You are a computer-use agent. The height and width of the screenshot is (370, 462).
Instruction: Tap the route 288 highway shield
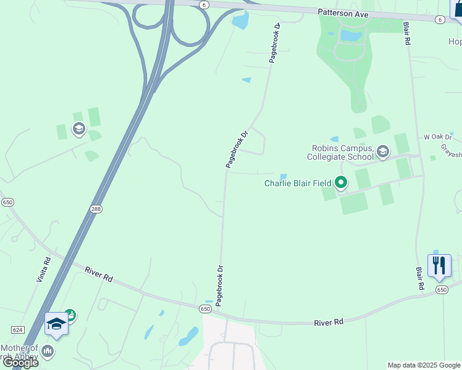point(96,208)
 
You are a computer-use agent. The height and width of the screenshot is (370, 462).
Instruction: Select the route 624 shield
point(17,330)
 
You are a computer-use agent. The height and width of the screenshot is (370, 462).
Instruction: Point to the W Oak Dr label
point(438,136)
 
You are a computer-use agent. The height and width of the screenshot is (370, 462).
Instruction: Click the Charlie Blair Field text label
point(298,183)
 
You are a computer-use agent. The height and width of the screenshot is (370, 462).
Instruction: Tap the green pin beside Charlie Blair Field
point(341,183)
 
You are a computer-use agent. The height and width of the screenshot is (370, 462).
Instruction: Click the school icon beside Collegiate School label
point(383,151)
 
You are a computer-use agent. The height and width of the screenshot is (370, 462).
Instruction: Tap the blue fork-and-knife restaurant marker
point(439,266)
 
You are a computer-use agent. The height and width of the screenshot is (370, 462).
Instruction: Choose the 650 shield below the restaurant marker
point(441,289)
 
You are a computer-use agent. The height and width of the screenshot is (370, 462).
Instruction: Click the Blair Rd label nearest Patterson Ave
point(407,33)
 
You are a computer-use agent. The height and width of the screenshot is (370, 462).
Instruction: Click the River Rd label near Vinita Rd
point(99,274)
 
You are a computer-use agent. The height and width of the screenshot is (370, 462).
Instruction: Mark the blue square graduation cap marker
point(56,323)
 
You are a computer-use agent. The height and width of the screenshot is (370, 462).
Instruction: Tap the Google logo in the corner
point(21,362)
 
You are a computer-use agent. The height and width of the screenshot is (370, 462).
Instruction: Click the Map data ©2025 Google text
point(424,365)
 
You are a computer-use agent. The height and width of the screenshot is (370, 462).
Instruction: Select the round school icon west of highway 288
point(78,129)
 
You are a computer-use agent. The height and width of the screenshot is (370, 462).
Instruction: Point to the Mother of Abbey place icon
point(48,352)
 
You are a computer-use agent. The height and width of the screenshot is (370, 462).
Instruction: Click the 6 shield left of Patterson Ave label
point(204,4)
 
